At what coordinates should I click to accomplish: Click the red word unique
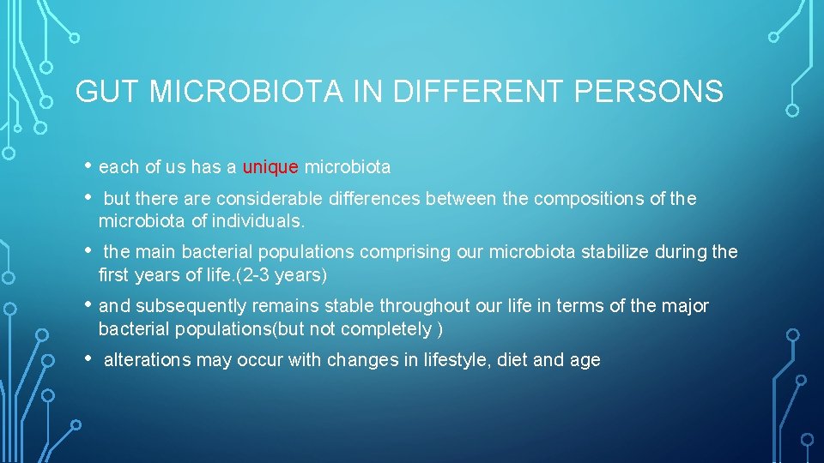pos(270,167)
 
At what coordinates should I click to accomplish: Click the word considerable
pos(270,199)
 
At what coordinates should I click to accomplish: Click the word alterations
pos(147,360)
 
